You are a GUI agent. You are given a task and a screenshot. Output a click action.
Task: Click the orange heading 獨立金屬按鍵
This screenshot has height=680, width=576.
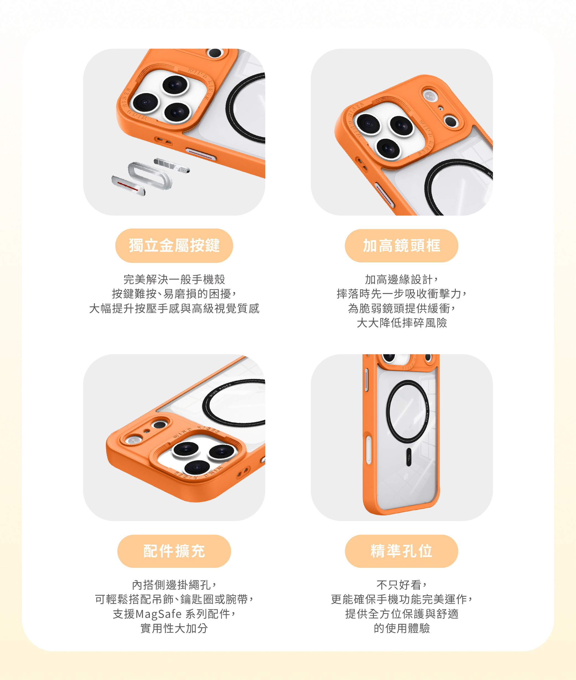[174, 246]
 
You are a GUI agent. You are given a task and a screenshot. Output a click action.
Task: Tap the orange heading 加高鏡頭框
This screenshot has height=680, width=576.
[402, 246]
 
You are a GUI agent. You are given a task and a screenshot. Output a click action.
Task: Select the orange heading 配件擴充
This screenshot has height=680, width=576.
[174, 551]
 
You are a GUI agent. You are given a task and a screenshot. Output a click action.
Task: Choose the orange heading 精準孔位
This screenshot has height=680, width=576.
[402, 551]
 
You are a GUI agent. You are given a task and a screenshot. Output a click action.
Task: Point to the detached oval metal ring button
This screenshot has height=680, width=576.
[150, 175]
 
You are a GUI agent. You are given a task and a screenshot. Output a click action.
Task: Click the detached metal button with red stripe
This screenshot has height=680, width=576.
[128, 185]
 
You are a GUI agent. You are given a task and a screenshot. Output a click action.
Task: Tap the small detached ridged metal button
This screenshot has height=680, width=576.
[172, 165]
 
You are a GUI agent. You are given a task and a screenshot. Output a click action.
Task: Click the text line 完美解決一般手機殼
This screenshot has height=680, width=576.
[174, 280]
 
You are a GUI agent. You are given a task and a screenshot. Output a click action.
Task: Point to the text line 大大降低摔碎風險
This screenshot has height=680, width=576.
[402, 323]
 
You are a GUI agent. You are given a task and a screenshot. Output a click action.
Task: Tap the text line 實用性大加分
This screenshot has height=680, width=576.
[174, 628]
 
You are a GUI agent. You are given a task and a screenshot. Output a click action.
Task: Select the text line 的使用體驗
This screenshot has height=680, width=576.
[402, 628]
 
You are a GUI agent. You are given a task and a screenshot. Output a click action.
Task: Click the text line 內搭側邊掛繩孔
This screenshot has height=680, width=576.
[174, 585]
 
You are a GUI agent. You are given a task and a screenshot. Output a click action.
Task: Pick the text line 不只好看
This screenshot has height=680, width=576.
[402, 585]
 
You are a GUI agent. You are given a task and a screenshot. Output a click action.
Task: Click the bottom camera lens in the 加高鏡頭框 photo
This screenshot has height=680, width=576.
[388, 148]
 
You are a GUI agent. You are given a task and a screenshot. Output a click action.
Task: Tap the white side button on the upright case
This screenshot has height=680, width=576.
[368, 449]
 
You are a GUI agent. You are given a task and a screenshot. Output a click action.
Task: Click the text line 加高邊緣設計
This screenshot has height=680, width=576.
[402, 280]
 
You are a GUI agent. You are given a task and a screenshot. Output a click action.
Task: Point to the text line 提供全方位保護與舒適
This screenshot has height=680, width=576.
[402, 614]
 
